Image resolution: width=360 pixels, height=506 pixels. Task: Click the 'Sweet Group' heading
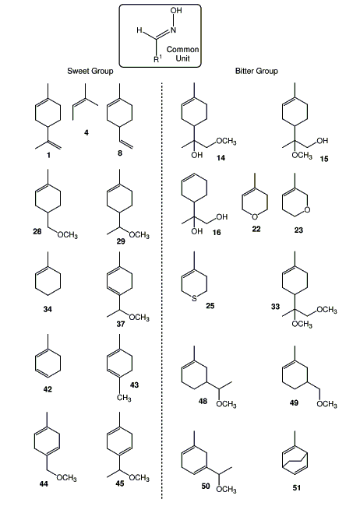click(90, 71)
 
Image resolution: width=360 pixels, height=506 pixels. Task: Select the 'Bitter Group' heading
click(256, 71)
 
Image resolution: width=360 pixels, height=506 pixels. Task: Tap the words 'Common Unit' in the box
click(182, 54)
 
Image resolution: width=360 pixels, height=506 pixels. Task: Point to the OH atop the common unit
click(176, 11)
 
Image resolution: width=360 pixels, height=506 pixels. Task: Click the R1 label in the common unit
click(157, 58)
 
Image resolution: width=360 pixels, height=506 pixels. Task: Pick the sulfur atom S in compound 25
click(194, 298)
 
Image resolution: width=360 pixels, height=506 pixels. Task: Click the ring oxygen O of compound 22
click(255, 217)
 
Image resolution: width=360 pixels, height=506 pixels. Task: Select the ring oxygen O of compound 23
click(307, 209)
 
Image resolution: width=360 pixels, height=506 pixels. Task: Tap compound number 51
click(297, 487)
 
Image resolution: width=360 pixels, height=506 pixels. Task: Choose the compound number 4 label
click(86, 132)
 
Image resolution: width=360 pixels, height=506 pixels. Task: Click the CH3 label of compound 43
click(124, 397)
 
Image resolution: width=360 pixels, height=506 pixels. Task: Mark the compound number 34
click(48, 309)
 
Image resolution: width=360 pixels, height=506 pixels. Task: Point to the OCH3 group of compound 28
click(68, 234)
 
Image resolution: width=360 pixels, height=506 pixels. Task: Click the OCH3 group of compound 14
click(226, 141)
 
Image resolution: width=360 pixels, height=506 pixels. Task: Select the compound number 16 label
click(217, 232)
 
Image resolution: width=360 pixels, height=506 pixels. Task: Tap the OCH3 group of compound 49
click(326, 404)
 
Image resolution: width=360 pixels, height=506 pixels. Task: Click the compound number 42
click(48, 389)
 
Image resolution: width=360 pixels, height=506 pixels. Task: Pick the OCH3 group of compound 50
click(226, 489)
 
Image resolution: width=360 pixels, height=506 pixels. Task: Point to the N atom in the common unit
click(173, 30)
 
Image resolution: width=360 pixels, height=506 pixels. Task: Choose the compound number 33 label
click(275, 306)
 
